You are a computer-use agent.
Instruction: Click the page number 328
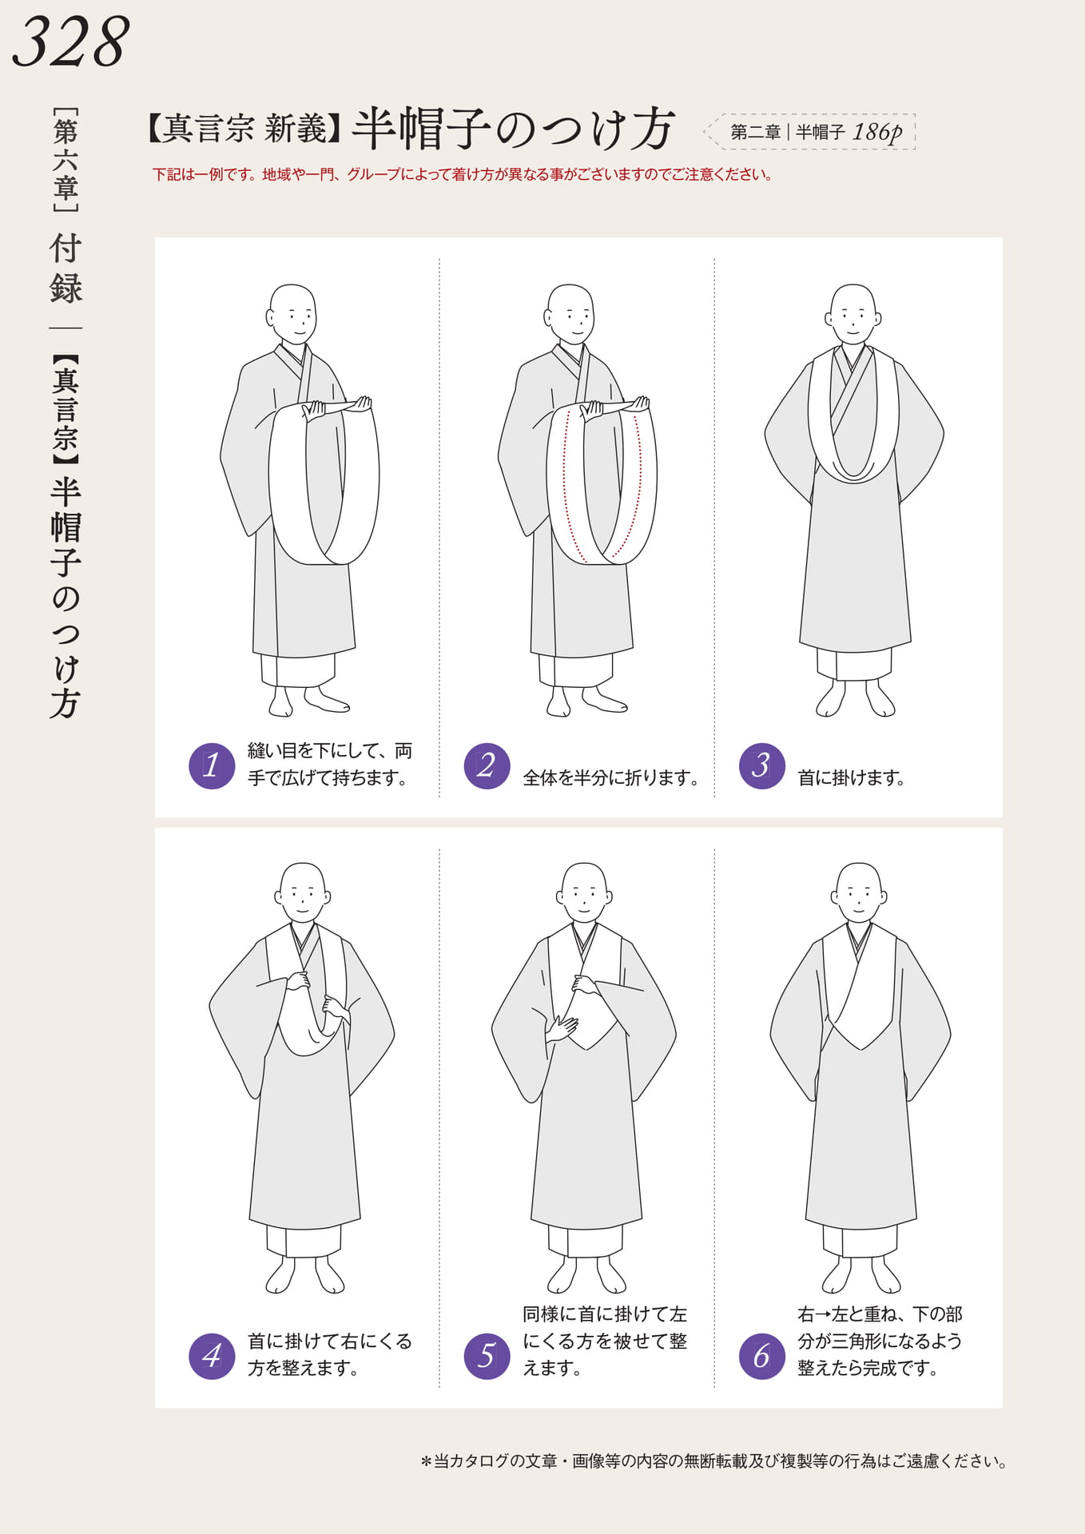click(71, 42)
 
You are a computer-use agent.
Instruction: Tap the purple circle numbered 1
click(212, 765)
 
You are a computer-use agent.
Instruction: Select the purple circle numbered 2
click(487, 765)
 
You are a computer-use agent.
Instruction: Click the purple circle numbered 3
click(762, 765)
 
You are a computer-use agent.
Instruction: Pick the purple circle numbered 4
click(212, 1355)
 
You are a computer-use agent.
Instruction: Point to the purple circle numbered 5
click(487, 1355)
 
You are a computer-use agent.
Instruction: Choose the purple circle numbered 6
click(762, 1355)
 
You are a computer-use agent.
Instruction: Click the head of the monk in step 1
click(292, 314)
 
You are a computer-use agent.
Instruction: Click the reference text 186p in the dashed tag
click(876, 132)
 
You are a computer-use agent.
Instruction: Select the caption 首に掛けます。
click(851, 777)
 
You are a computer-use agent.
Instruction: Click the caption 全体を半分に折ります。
click(610, 777)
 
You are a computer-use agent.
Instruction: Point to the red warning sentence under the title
click(463, 174)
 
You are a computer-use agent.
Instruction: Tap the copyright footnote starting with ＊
click(713, 1461)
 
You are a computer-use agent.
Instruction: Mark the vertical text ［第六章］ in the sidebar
click(66, 160)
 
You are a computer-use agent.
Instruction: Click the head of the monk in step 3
click(853, 314)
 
